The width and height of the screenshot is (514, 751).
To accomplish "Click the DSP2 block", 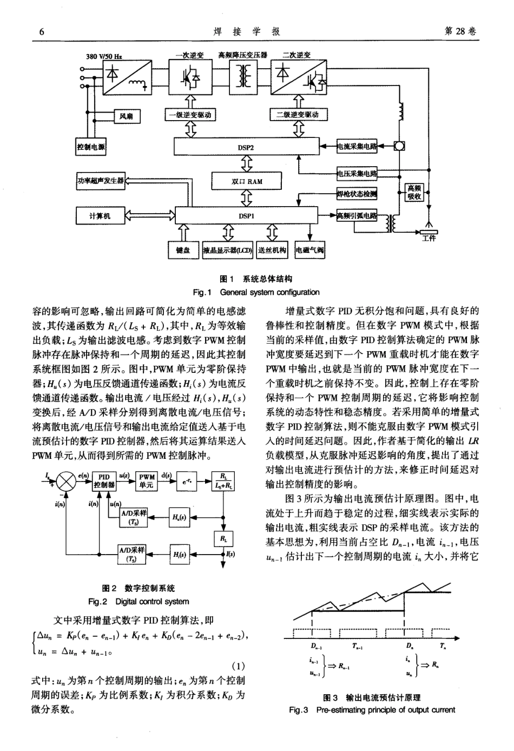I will pyautogui.click(x=246, y=147).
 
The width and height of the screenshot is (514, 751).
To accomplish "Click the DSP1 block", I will pyautogui.click(x=246, y=215).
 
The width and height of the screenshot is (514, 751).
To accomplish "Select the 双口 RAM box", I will pyautogui.click(x=246, y=181).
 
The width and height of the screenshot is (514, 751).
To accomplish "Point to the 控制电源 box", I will pyautogui.click(x=91, y=147).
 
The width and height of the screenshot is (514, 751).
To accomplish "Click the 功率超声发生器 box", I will pyautogui.click(x=101, y=181).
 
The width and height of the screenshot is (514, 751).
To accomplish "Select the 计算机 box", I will pyautogui.click(x=100, y=215).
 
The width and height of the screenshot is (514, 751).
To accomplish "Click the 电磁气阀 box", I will pyautogui.click(x=310, y=250).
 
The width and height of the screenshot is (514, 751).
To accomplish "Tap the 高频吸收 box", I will pyautogui.click(x=415, y=193).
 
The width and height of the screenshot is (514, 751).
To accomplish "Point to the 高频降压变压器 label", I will pyautogui.click(x=242, y=55).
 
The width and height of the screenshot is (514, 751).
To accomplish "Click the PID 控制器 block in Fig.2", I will pyautogui.click(x=105, y=480).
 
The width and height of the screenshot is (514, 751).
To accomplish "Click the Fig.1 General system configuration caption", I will pyautogui.click(x=256, y=292).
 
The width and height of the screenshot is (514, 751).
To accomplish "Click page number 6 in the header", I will pyautogui.click(x=41, y=32).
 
